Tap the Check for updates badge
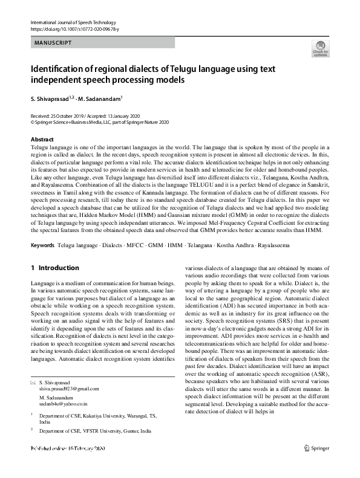320,50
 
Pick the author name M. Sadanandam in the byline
99,99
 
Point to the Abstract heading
42,139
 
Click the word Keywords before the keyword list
42,246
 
